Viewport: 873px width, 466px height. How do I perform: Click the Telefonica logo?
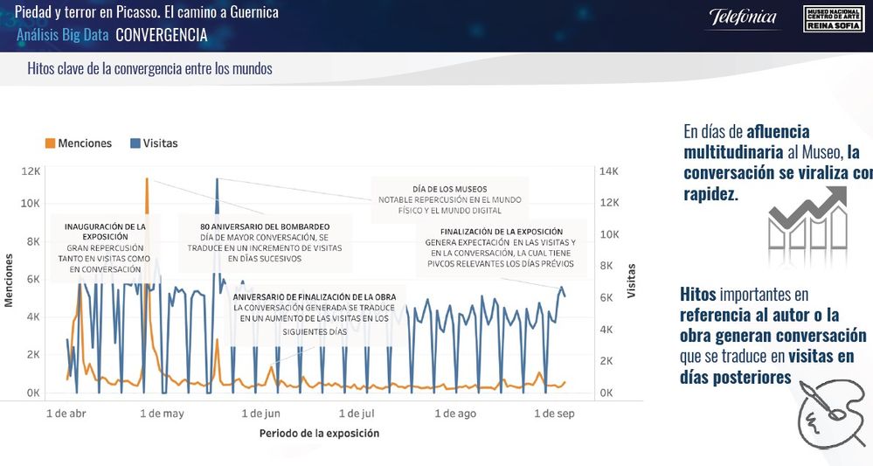tap(743, 17)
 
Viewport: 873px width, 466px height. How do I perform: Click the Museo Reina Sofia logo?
tap(833, 18)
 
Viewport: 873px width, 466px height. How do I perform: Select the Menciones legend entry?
tap(79, 143)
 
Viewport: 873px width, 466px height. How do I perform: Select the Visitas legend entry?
tap(154, 143)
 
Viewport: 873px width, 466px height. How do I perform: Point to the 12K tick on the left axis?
tap(31, 171)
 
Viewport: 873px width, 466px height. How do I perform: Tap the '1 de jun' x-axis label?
tap(260, 414)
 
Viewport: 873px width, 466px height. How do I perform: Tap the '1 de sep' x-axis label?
tap(554, 414)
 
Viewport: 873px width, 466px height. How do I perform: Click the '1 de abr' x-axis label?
tap(66, 414)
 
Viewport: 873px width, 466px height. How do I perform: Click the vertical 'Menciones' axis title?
tap(10, 280)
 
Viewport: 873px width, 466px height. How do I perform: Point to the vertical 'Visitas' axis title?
tap(631, 280)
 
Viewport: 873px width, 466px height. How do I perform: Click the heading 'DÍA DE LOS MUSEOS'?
tap(449, 189)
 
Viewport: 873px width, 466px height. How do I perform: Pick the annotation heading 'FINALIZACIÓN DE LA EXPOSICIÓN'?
tap(502, 232)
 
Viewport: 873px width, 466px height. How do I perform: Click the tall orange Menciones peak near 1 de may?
tap(147, 182)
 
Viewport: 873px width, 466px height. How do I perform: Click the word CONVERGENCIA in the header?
tap(162, 36)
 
